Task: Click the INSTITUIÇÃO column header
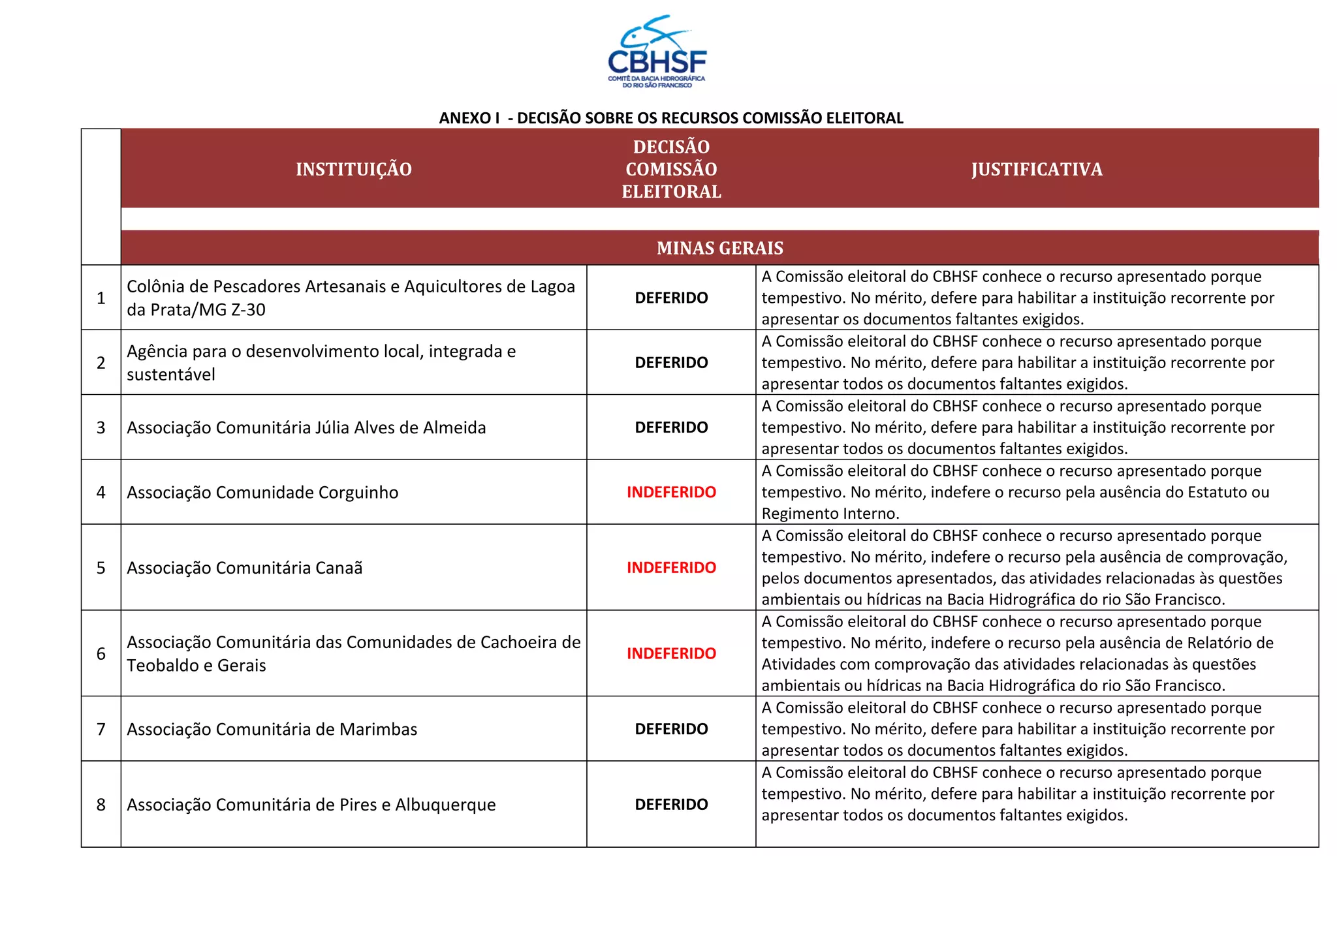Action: pyautogui.click(x=354, y=170)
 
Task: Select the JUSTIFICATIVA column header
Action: pyautogui.click(x=1037, y=170)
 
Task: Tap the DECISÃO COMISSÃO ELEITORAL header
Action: pyautogui.click(x=671, y=169)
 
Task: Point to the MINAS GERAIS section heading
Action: pyautogui.click(x=719, y=248)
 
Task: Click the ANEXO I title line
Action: pyautogui.click(x=671, y=118)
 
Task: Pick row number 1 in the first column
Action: pyautogui.click(x=101, y=298)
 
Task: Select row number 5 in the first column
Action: pyautogui.click(x=101, y=568)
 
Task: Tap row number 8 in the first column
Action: pyautogui.click(x=101, y=805)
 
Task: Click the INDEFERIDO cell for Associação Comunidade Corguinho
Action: pyautogui.click(x=671, y=492)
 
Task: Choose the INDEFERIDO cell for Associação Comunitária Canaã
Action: pyautogui.click(x=671, y=568)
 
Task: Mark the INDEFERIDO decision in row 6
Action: pyautogui.click(x=671, y=653)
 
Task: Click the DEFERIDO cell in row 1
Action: pyautogui.click(x=671, y=298)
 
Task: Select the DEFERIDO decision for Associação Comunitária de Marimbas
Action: pyautogui.click(x=671, y=729)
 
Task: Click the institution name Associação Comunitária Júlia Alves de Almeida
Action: pyautogui.click(x=306, y=428)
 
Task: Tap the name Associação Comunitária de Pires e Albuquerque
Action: pyautogui.click(x=311, y=805)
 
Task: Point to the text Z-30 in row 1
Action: pyautogui.click(x=248, y=310)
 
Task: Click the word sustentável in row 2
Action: pyautogui.click(x=171, y=375)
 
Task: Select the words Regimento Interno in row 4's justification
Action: pyautogui.click(x=830, y=514)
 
